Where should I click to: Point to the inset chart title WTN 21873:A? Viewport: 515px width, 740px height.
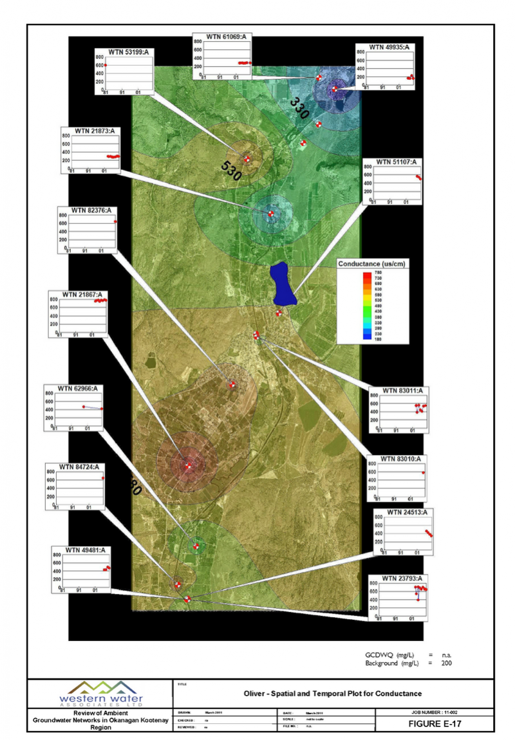point(95,131)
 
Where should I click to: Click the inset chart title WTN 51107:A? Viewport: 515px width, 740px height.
point(392,162)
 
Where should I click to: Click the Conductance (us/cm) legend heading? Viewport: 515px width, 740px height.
point(373,264)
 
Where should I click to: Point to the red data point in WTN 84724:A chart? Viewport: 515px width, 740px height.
point(103,478)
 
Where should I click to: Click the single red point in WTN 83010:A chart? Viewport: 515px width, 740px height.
point(423,472)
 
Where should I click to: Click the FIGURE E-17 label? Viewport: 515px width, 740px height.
point(435,724)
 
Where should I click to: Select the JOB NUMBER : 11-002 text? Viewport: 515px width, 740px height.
point(435,712)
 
